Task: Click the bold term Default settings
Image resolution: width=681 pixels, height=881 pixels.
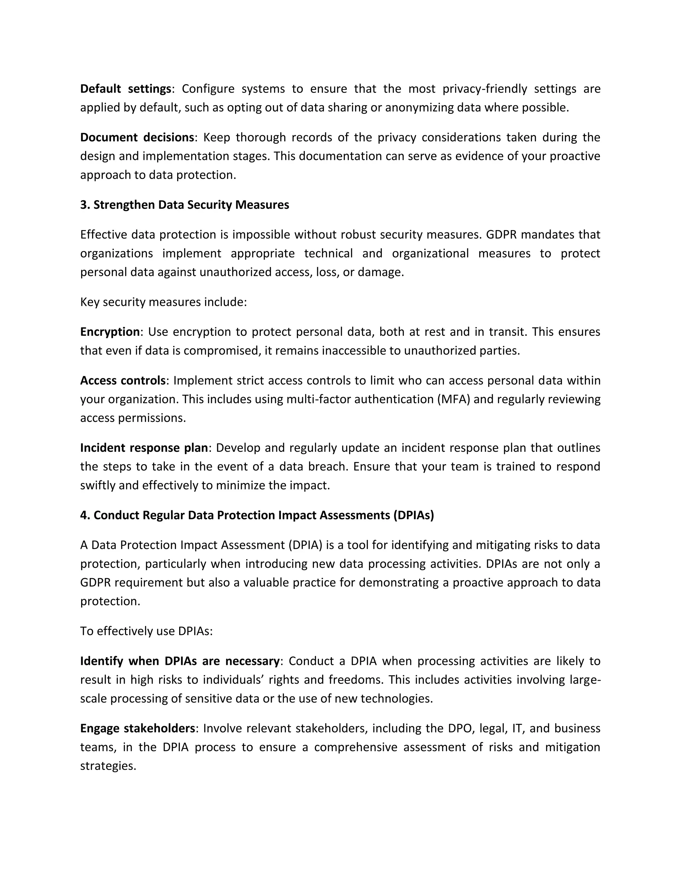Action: point(125,89)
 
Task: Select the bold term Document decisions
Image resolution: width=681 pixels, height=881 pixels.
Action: point(137,138)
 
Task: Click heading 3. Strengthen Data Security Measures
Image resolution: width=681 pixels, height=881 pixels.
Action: point(184,205)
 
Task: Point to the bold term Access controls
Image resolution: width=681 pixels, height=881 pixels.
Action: point(123,380)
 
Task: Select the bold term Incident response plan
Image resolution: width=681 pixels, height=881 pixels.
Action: point(144,448)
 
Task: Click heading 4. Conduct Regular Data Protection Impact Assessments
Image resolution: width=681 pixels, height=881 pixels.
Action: point(257,516)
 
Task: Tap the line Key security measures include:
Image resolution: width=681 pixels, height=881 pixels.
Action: point(163,302)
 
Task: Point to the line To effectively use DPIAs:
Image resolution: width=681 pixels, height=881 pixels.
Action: point(146,631)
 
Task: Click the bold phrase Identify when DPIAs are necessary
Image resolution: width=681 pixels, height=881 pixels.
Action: point(180,661)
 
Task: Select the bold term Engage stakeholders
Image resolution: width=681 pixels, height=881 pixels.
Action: point(138,728)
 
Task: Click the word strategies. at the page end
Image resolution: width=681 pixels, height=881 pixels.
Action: point(108,766)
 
